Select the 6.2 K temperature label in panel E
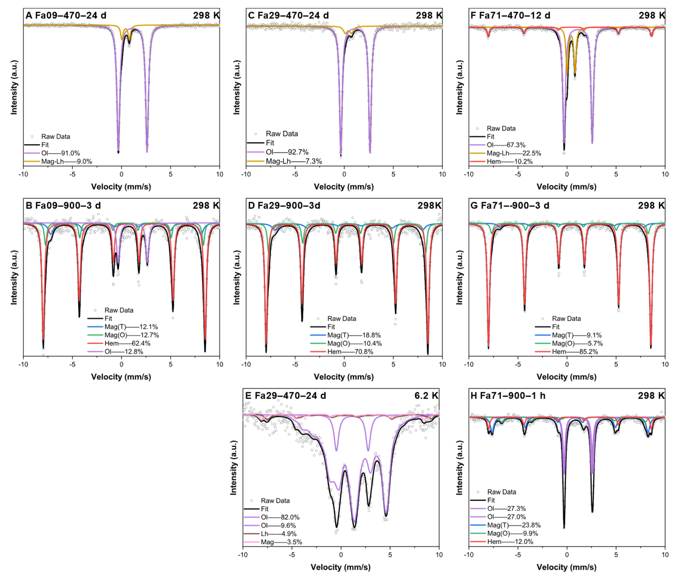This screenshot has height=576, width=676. pyautogui.click(x=426, y=396)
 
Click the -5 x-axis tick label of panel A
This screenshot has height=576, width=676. pyautogui.click(x=72, y=174)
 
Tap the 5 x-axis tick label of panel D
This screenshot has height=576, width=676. pyautogui.click(x=393, y=364)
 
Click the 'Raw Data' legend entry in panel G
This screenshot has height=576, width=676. pyautogui.click(x=566, y=318)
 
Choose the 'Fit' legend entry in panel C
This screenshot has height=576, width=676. pyautogui.click(x=269, y=143)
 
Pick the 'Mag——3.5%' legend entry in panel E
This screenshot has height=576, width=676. pyautogui.click(x=281, y=542)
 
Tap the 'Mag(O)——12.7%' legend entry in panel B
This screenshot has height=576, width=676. pyautogui.click(x=131, y=335)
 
